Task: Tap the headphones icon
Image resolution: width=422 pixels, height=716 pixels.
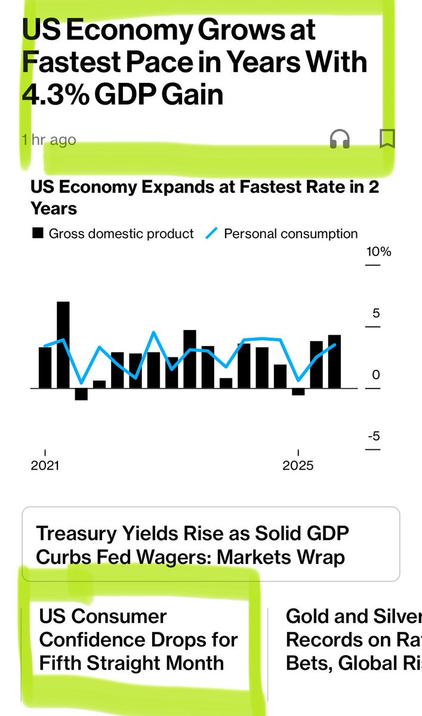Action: pyautogui.click(x=340, y=140)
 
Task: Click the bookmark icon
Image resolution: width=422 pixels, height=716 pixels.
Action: pyautogui.click(x=387, y=138)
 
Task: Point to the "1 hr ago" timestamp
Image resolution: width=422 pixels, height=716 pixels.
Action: pyautogui.click(x=49, y=140)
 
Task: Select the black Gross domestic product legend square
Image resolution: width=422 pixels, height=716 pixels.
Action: pyautogui.click(x=38, y=234)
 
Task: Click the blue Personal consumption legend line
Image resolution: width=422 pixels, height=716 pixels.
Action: pyautogui.click(x=211, y=234)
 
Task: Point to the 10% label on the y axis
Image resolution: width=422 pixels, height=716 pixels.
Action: pyautogui.click(x=378, y=251)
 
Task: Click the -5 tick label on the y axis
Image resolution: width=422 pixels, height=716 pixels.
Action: pyautogui.click(x=374, y=436)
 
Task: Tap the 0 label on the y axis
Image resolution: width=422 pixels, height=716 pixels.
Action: pyautogui.click(x=375, y=375)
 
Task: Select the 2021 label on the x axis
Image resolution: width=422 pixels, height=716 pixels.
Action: pyautogui.click(x=45, y=465)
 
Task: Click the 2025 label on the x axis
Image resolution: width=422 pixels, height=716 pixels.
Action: pyautogui.click(x=298, y=465)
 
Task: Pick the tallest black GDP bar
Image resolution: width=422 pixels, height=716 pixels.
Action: pyautogui.click(x=63, y=345)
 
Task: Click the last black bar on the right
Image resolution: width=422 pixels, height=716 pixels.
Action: pyautogui.click(x=334, y=361)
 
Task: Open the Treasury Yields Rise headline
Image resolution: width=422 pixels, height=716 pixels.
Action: pyautogui.click(x=192, y=545)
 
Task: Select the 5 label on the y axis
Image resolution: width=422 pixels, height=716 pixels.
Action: pyautogui.click(x=376, y=313)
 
